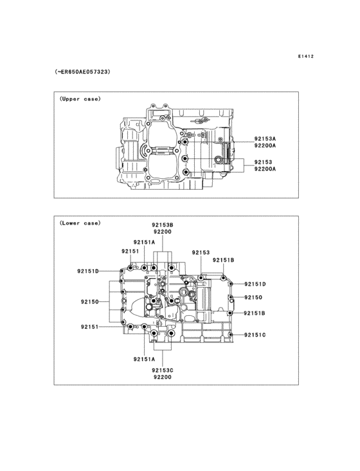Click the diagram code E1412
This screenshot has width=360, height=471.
coord(306,56)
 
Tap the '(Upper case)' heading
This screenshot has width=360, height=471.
coord(80,99)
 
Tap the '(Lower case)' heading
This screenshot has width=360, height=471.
coord(80,223)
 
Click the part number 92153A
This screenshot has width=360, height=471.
coord(265,139)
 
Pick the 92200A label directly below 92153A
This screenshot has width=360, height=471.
coord(265,145)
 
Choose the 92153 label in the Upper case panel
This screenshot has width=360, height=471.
coord(263,162)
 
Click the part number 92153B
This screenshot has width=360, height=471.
coord(162,225)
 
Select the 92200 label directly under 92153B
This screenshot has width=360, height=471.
coord(162,232)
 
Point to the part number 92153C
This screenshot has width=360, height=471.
coord(162,371)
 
